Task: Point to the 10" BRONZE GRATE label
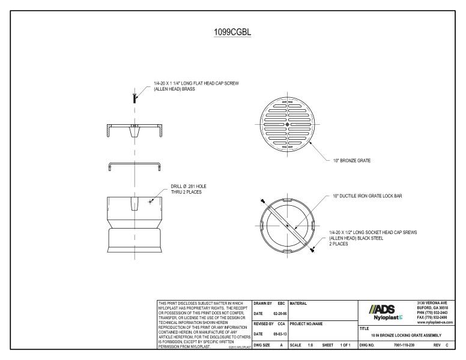click(x=353, y=160)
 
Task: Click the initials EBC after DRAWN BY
click(x=280, y=303)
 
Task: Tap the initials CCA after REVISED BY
click(x=280, y=323)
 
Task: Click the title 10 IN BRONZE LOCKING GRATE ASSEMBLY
click(x=406, y=335)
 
